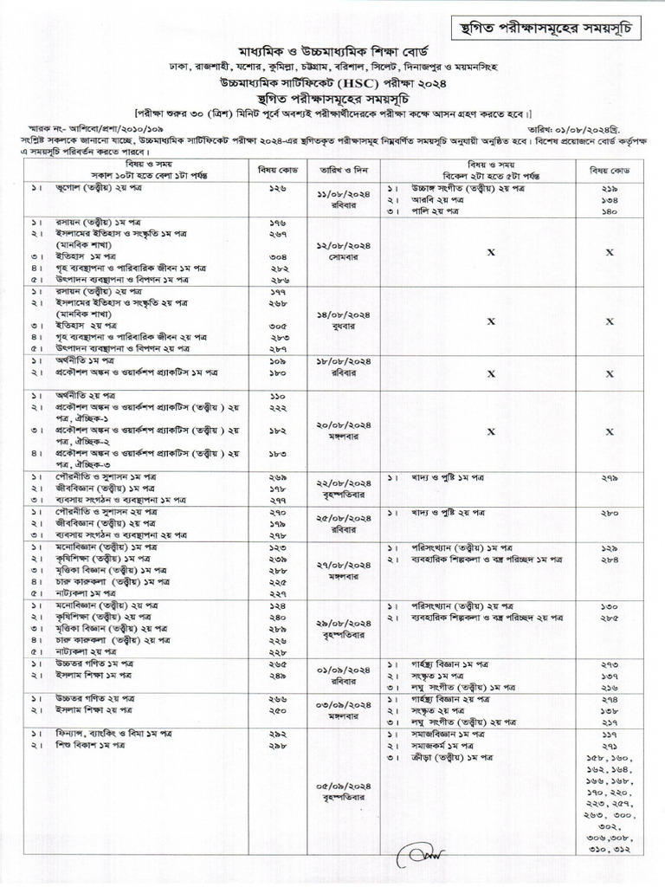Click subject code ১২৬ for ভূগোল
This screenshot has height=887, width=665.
(278, 186)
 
